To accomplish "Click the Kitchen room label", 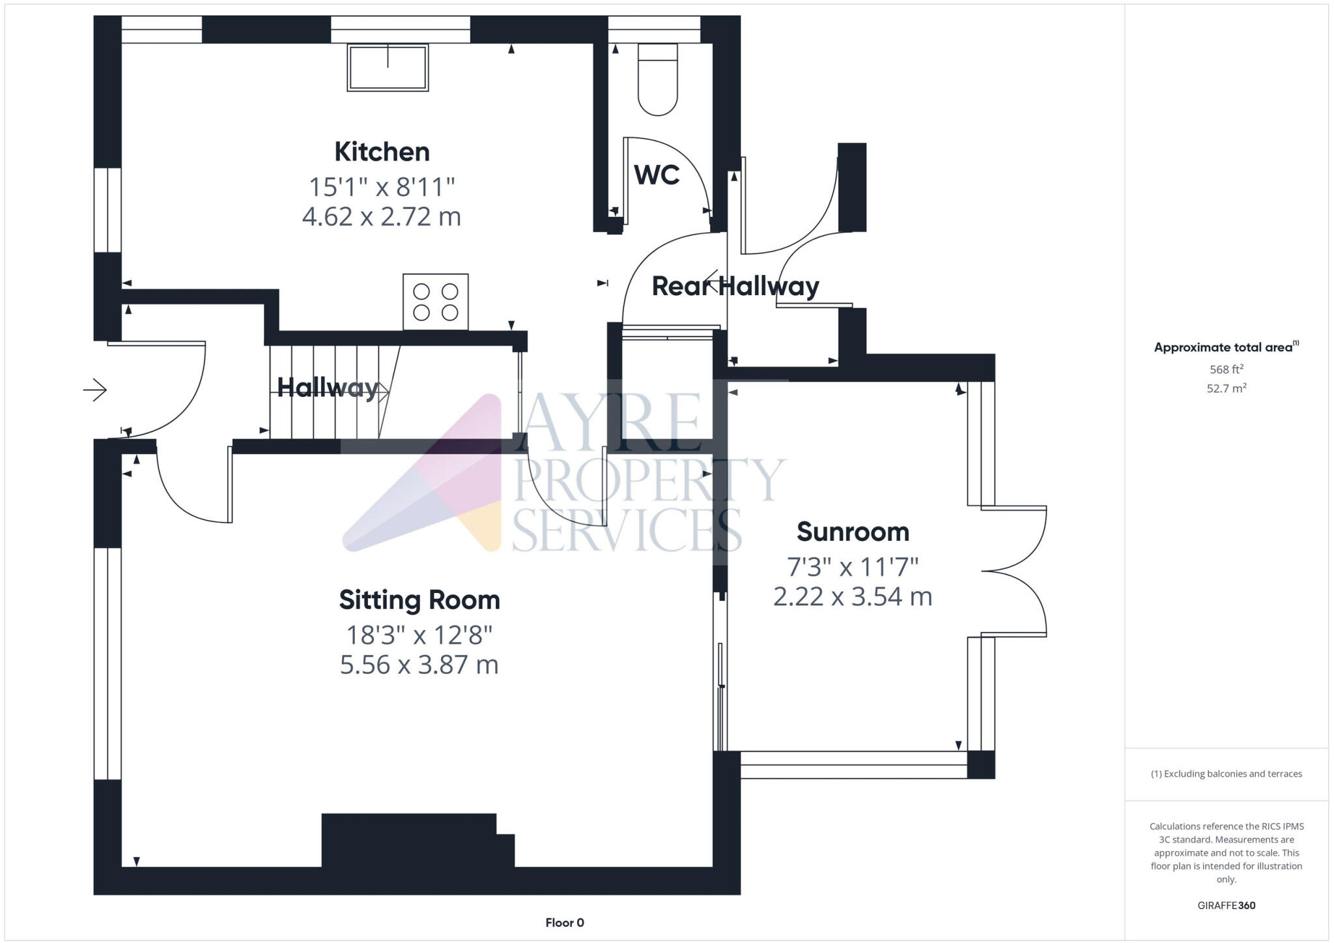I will click(382, 152).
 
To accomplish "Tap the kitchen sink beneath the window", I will click(388, 68).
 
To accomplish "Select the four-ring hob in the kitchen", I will click(435, 302).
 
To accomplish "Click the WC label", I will click(657, 175).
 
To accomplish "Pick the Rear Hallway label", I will click(735, 286).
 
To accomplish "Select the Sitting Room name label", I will click(419, 600).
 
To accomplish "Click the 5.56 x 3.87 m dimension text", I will click(419, 665).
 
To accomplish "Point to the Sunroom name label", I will click(852, 532).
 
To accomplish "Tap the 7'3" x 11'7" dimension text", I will click(852, 567).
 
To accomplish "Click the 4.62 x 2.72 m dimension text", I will click(382, 216).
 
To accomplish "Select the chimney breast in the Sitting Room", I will click(417, 841).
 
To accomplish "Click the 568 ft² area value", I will click(1226, 370).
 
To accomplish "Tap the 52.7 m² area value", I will click(1226, 388).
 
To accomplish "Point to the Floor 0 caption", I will click(564, 922).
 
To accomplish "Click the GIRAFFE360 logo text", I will click(1226, 905).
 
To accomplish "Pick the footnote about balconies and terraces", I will click(1226, 774).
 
